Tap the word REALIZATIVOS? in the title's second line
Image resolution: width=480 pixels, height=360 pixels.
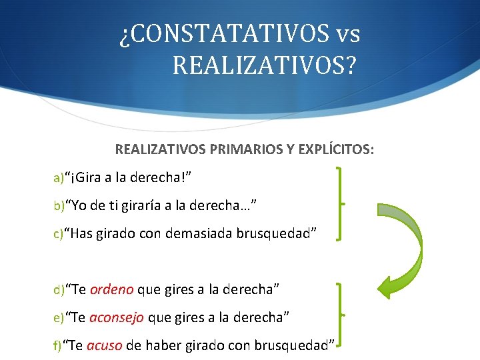coord(264,65)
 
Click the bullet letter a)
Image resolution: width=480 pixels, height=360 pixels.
coord(58,178)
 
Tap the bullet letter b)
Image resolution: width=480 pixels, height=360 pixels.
coord(59,206)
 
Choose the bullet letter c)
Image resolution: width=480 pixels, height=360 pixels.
coord(58,233)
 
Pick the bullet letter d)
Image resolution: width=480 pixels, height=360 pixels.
coord(59,289)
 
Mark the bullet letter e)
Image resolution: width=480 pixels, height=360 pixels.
coord(59,317)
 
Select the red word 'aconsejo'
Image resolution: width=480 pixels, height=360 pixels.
coord(117,317)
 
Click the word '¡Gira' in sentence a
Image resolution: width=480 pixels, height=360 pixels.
coord(86,178)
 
